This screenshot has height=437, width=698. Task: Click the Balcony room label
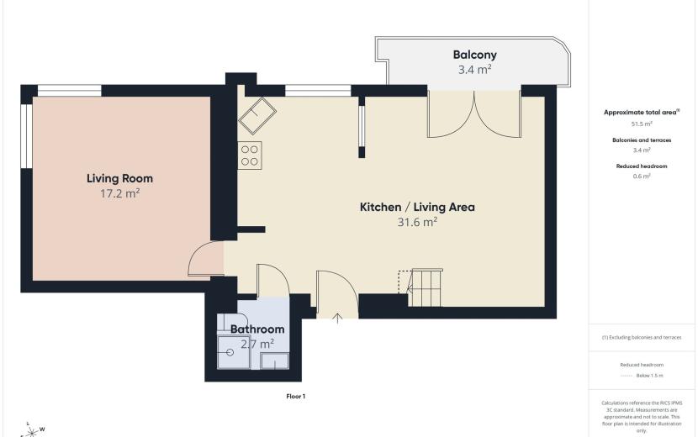coord(474,55)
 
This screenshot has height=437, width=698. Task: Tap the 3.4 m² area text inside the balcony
coord(474,70)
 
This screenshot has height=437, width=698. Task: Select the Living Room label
coord(119,178)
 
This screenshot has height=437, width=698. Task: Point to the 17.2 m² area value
coord(119,193)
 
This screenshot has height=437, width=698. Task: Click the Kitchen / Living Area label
coord(417,207)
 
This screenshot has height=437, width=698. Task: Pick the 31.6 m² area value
coord(417,222)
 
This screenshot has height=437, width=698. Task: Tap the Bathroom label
coord(257,329)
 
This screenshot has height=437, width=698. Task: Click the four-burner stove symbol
coord(250,155)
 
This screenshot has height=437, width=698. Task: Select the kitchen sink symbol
coord(257,116)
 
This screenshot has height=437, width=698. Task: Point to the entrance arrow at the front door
coord(337,318)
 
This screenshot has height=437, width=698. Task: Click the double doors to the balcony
coord(474,114)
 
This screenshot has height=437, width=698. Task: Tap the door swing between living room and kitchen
coord(206,259)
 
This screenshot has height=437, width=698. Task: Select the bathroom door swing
coord(273,280)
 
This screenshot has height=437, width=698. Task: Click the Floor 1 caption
coord(295,396)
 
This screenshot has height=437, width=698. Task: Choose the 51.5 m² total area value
coord(642,124)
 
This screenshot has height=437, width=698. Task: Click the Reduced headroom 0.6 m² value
coord(642,176)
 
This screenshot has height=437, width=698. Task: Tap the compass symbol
coord(31,430)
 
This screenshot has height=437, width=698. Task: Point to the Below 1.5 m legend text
coord(649,376)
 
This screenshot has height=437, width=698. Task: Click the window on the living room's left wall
coord(27,136)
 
